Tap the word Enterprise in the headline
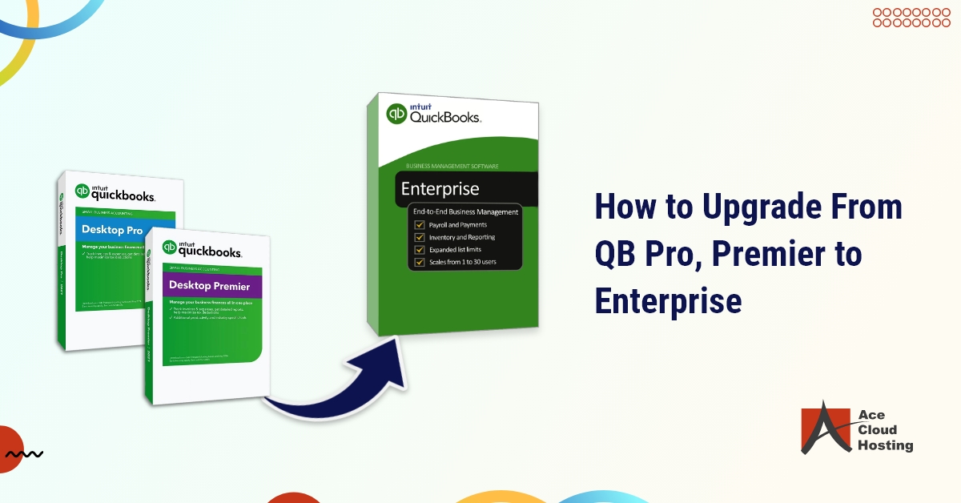coord(668,302)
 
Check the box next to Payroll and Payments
coord(419,225)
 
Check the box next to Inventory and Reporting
coord(419,238)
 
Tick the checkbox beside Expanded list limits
coord(419,250)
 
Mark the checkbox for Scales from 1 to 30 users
coord(419,262)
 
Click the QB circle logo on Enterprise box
coord(396,114)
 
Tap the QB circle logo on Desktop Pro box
coord(82,191)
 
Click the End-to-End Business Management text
coord(464,211)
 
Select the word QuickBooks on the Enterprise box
coord(445,118)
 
